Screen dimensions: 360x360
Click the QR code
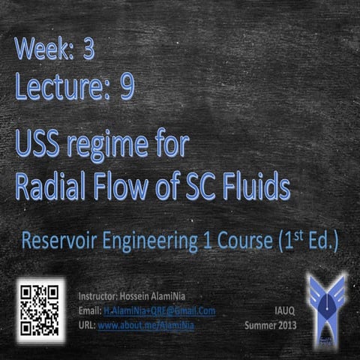click(x=39, y=308)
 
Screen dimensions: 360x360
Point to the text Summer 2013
click(x=271, y=325)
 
